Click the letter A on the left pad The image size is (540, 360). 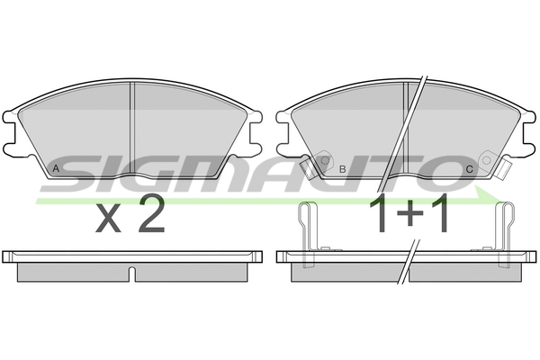pos(56,169)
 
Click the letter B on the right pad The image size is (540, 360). pos(342,169)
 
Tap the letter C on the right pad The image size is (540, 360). pos(470,169)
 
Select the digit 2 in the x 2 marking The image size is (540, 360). pos(151,212)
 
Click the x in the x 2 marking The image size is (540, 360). pos(108,218)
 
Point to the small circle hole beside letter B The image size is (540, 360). pos(325,160)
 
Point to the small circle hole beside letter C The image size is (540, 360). pos(486,160)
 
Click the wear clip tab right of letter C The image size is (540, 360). pos(505,169)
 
